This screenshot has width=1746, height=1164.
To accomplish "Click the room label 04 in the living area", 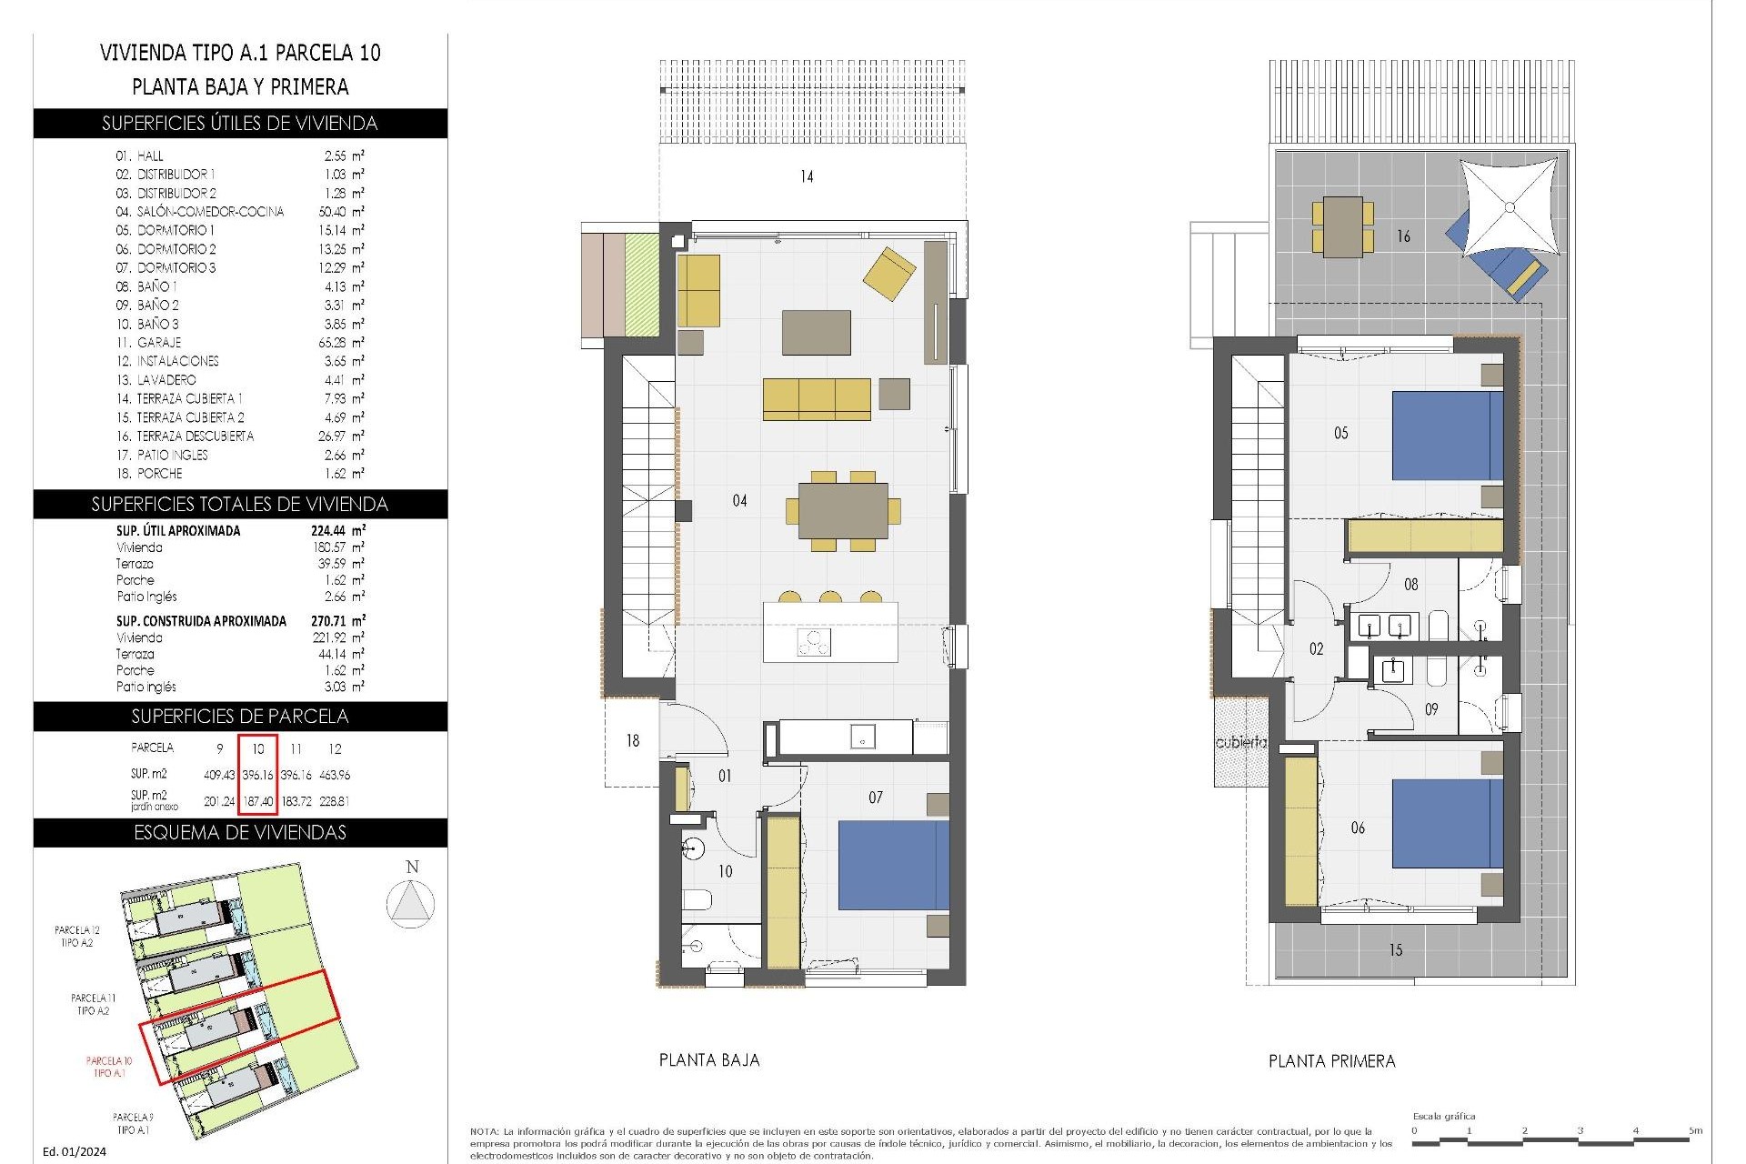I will point(739,500).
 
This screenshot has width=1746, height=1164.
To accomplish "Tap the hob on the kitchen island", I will point(814,643).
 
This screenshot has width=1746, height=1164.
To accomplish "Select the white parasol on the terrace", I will point(1509,207).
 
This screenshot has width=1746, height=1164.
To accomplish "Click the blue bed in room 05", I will point(1447,436).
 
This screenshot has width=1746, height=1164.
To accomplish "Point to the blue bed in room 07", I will point(893,865).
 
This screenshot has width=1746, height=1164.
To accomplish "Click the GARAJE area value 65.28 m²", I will point(337,343).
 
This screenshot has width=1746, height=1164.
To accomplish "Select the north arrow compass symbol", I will point(411,905).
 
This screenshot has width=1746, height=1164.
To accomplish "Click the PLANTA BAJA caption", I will point(709,1059).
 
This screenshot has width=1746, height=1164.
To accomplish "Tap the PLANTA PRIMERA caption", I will point(1331,1060).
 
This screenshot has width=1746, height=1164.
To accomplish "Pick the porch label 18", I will point(632,741).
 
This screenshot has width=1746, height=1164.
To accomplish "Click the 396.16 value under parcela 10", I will point(258,775).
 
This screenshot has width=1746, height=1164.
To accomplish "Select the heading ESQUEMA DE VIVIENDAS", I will point(240,832).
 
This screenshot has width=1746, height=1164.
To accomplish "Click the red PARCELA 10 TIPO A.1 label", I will point(109,1067).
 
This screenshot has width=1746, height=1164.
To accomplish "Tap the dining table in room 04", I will point(843,511).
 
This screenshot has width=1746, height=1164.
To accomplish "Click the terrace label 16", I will point(1403,236).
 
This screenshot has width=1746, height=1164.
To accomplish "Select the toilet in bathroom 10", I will point(697,900).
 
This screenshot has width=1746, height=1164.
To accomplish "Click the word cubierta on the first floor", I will point(1240,742).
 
